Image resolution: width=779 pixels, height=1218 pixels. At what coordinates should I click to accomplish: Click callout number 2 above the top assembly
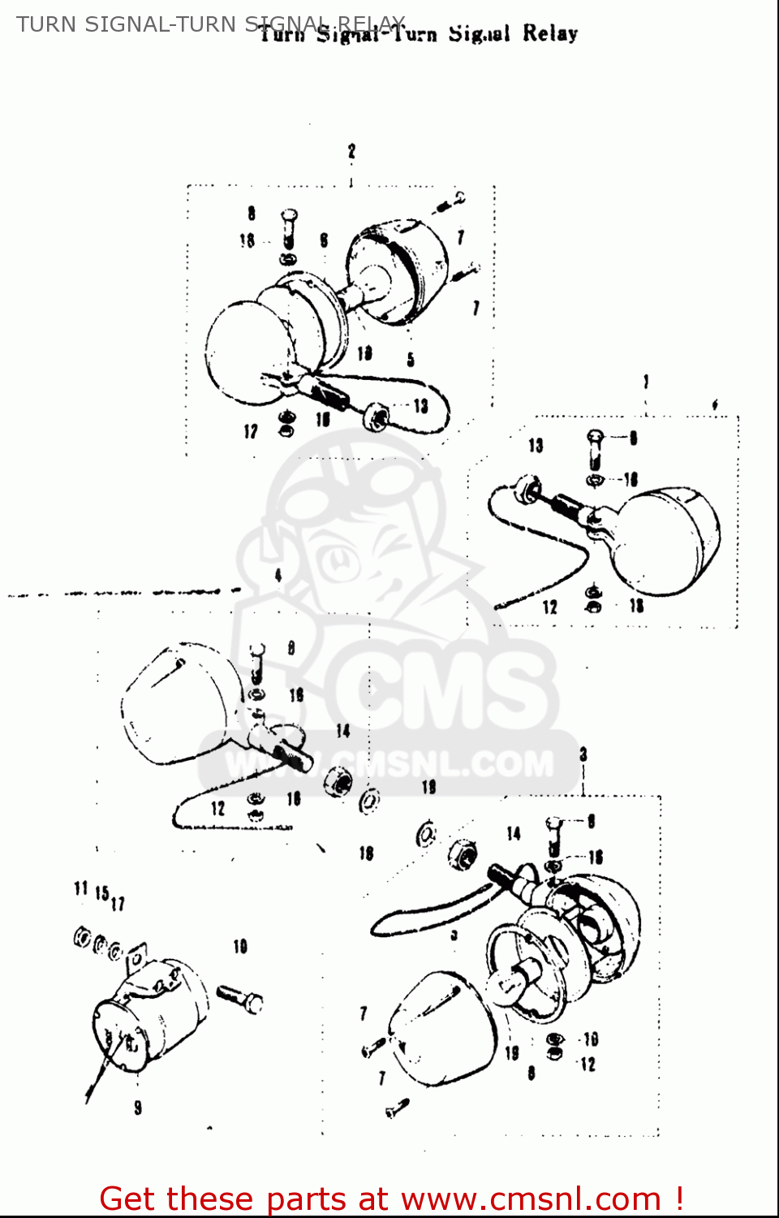(351, 151)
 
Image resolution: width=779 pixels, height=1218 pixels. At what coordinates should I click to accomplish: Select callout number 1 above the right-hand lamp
(646, 382)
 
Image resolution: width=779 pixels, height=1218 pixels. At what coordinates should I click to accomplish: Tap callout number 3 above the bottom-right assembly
(583, 754)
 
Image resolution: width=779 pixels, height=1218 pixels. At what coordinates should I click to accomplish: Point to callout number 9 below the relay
(138, 1108)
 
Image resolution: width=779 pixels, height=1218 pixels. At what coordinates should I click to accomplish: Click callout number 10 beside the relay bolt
(240, 947)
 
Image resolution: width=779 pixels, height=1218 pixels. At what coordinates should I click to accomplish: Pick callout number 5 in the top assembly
(411, 359)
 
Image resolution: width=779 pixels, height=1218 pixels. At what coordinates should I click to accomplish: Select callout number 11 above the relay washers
(80, 889)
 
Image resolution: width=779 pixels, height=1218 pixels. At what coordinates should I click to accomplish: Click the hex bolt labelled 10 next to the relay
(240, 998)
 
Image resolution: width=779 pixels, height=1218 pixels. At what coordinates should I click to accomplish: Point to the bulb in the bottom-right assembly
(519, 974)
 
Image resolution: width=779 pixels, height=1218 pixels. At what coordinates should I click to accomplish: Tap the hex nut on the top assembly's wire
(376, 417)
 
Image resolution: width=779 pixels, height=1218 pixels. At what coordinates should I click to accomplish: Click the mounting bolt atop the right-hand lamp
(595, 447)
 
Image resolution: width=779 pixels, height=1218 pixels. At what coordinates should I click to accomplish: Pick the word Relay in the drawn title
(550, 34)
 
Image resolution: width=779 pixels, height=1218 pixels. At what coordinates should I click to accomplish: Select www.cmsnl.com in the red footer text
(532, 1199)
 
